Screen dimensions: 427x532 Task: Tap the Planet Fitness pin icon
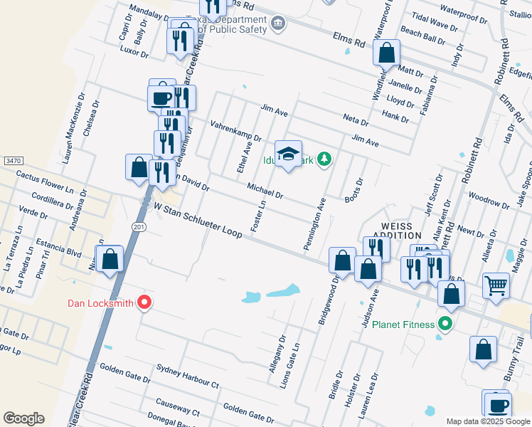tap(445, 325)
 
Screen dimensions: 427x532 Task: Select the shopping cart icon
tap(496, 285)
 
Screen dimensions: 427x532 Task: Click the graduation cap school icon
tap(288, 154)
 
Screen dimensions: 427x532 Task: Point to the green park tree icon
tap(324, 158)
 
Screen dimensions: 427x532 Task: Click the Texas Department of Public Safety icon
tap(278, 24)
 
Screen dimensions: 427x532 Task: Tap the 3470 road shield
tap(12, 162)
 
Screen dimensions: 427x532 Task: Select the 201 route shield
tap(137, 226)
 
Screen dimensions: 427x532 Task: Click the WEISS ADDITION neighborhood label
tap(397, 229)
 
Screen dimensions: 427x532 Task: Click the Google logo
tap(23, 418)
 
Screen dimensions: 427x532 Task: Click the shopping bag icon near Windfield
tap(386, 53)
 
